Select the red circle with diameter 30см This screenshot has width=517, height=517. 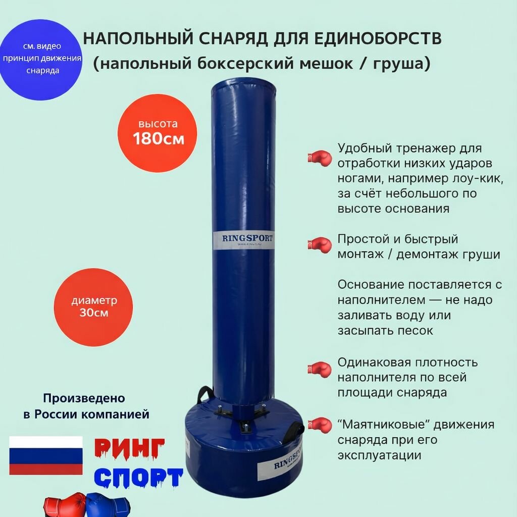coord(94,306)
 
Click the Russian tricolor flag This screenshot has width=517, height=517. coord(46,455)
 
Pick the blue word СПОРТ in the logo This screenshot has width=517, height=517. coord(139,478)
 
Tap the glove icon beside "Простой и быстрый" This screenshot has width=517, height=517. coord(319,245)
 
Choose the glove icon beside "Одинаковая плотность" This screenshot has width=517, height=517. coord(319,369)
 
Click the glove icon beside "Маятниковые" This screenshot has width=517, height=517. coord(319,426)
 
